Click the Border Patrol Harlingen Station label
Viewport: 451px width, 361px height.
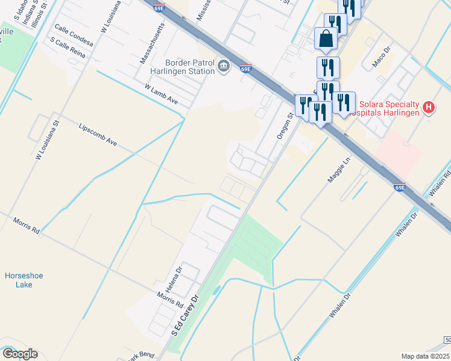190,66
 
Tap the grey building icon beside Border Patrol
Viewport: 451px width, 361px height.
224,66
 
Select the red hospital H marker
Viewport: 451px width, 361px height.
429,108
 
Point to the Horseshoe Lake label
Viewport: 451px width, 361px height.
24,280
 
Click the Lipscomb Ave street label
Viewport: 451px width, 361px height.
98,136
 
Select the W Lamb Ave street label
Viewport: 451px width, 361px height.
162,94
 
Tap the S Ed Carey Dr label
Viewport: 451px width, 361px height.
185,324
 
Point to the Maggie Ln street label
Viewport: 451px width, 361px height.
339,169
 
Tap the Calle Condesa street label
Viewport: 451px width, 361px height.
74,35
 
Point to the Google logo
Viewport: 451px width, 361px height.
20,354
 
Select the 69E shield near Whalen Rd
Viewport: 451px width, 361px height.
399,187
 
